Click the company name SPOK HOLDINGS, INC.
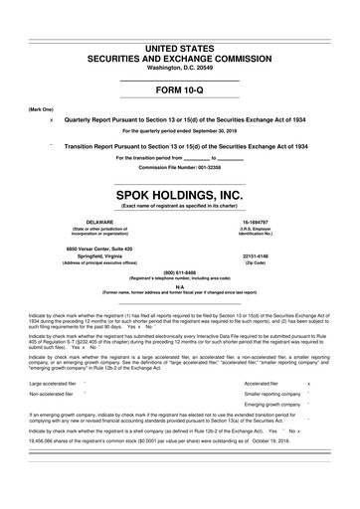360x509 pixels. pyautogui.click(x=180, y=194)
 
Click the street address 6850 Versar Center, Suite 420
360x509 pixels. pyautogui.click(x=93, y=246)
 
